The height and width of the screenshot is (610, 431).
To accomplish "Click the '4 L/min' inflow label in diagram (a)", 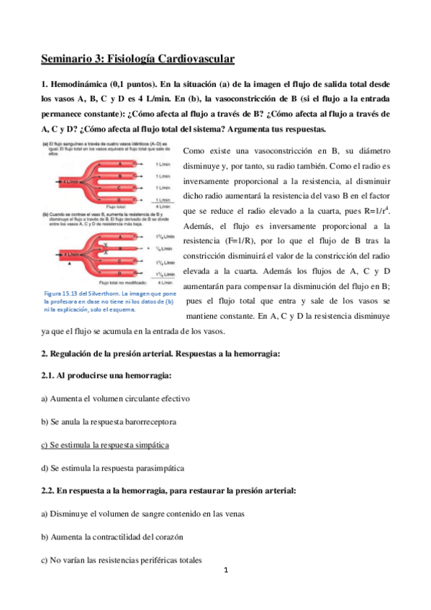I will [71, 182].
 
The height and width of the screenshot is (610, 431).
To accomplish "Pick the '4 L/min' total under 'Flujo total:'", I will [165, 207].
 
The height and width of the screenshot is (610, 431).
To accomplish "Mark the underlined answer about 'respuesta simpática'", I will [104, 445].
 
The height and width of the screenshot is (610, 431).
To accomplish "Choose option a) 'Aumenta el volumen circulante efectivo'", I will [115, 399].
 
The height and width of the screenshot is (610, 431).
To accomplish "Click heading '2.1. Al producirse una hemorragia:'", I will [106, 375].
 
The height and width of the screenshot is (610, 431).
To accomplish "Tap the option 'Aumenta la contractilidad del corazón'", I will [119, 537].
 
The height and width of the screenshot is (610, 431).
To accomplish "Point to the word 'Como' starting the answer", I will [196, 153].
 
